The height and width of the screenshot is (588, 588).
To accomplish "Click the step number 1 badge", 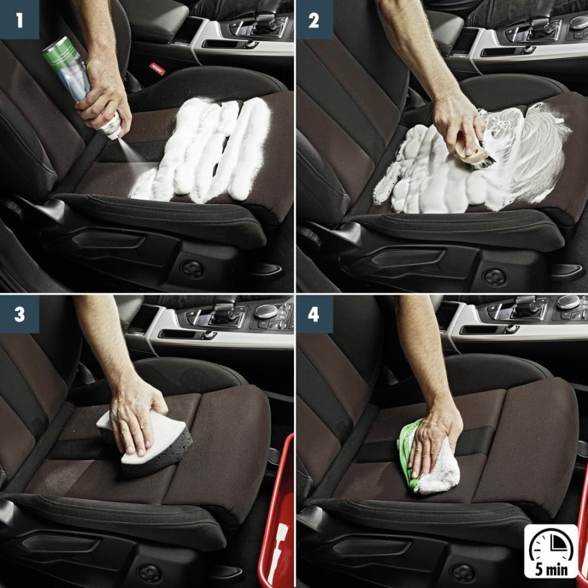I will (x=19, y=19).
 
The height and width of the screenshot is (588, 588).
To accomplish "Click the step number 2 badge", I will (x=314, y=19).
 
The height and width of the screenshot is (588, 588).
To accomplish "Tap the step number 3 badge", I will (x=19, y=314).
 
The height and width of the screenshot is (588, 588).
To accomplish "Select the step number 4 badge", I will (x=314, y=314).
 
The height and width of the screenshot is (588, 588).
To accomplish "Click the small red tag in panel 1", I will (x=155, y=67).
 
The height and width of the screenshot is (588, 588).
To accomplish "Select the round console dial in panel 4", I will (x=568, y=302).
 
